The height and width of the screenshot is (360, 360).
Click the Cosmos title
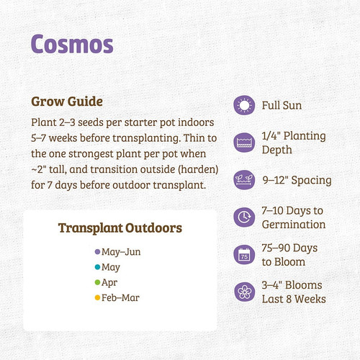pyautogui.click(x=72, y=43)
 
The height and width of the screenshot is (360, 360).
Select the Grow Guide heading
pyautogui.click(x=67, y=100)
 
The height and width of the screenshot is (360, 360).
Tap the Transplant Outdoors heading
pyautogui.click(x=120, y=228)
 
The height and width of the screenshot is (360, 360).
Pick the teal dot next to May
pyautogui.click(x=97, y=267)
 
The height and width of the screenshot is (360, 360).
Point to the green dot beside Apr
pyautogui.click(x=97, y=282)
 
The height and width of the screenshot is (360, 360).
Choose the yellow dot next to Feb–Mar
pyautogui.click(x=97, y=297)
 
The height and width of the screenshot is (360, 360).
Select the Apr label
pyautogui.click(x=110, y=282)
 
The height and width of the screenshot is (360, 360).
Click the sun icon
pyautogui.click(x=245, y=106)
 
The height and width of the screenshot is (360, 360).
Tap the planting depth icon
pyautogui.click(x=245, y=143)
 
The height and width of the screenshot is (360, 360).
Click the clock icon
pyautogui.click(x=245, y=217)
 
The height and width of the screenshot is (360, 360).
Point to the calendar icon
pyautogui.click(x=245, y=254)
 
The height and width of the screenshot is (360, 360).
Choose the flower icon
pyautogui.click(x=245, y=292)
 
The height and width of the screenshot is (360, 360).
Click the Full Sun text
pyautogui.click(x=281, y=107)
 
